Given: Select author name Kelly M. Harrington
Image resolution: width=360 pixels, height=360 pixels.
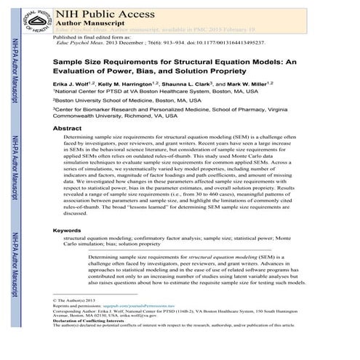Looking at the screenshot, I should click(x=139, y=83).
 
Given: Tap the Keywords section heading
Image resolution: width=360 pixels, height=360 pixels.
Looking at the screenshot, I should click(x=71, y=231).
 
